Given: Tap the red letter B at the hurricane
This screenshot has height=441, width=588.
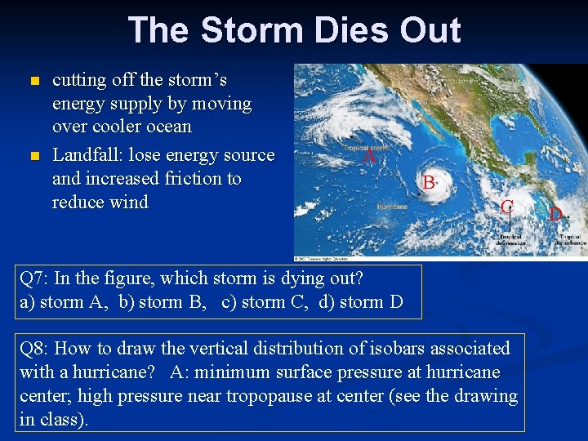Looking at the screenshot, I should [429, 183].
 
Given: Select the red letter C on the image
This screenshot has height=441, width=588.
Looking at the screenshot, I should [507, 206].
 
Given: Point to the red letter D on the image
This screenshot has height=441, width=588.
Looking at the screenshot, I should [555, 215].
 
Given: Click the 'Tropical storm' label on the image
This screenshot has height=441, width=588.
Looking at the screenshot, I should [364, 148].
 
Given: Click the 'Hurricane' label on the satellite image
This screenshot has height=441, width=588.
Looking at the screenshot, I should [392, 207].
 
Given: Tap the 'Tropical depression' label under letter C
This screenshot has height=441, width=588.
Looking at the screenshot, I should [510, 240].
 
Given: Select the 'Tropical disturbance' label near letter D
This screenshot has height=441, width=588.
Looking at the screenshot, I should [571, 240].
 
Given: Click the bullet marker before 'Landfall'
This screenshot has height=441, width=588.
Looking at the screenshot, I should [33, 156].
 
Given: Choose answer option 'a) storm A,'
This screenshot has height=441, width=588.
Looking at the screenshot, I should [65, 302].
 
